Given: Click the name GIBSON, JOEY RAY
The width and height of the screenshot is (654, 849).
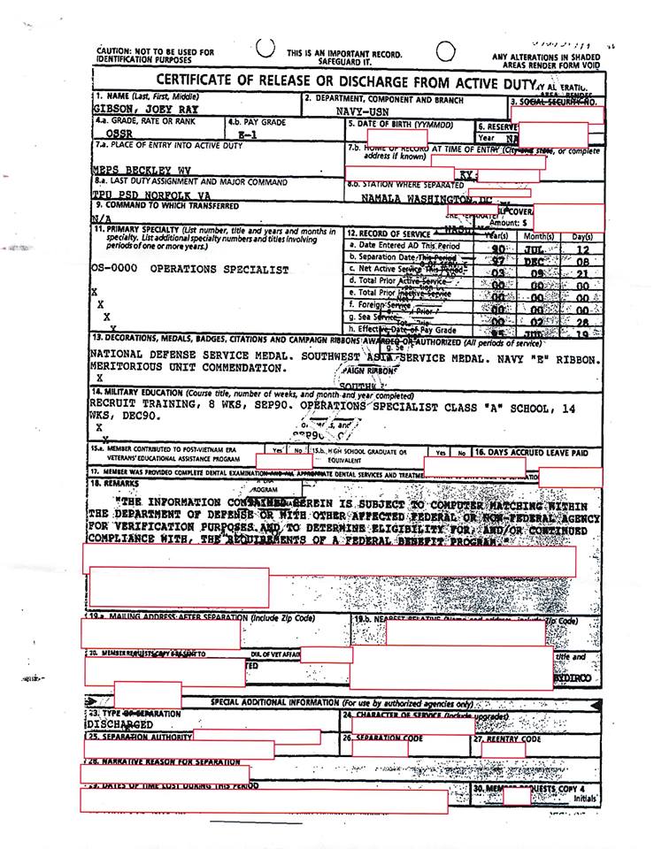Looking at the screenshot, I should pos(145,110).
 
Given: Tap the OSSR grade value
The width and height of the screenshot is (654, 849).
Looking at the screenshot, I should pos(111,134).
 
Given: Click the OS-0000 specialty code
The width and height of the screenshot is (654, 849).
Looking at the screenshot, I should pos(114,269).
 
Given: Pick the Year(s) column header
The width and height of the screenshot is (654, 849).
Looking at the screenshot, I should pos(496,236).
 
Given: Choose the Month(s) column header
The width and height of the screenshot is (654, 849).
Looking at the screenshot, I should pos(539,236).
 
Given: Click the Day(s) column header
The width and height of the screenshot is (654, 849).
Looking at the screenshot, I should pos(581,236).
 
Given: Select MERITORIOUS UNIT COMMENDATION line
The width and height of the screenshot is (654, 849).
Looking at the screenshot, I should pos(181,367).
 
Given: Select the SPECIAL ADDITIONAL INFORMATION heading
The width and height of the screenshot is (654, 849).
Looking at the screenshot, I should pos(341,702).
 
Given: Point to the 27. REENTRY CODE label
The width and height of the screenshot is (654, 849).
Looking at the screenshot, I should pos(507,738).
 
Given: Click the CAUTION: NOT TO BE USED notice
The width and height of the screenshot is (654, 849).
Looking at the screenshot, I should pos(155,56).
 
